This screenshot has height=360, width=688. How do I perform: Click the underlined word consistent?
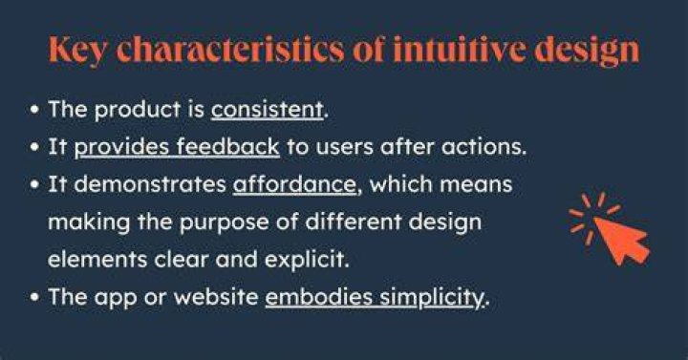click(268, 110)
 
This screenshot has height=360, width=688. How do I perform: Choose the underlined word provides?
click(121, 148)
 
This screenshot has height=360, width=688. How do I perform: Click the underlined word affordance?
click(294, 184)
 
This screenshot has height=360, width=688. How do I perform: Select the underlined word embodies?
click(318, 297)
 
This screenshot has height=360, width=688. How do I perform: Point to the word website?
click(216, 297)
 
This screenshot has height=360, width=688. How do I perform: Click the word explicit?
click(307, 261)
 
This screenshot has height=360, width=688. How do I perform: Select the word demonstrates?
click(150, 184)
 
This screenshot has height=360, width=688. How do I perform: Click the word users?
click(344, 147)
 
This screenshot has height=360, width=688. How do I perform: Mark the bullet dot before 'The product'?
click(34, 110)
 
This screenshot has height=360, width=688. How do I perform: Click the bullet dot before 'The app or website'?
click(34, 297)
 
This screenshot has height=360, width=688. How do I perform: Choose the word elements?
click(97, 260)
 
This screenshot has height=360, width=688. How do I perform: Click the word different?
click(354, 222)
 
